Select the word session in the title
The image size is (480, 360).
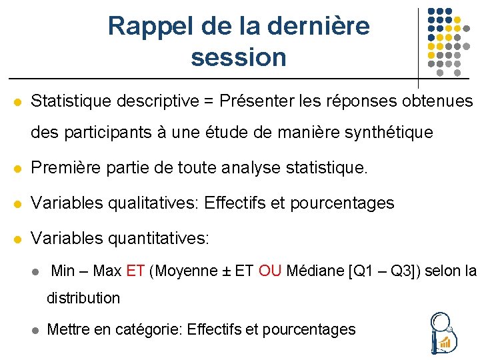click(238, 57)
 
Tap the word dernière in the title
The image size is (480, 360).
click(318, 26)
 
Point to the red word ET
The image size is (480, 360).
click(135, 271)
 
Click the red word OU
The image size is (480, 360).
click(270, 271)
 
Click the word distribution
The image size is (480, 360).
click(83, 298)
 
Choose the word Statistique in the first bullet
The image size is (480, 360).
click(71, 101)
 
